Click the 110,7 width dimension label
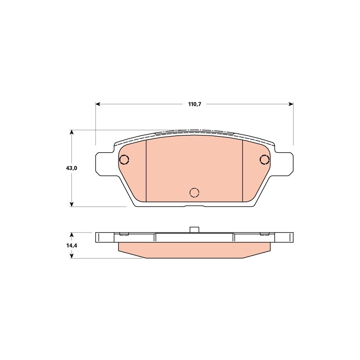tap(194, 104)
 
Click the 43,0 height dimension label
tap(72, 168)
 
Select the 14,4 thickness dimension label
tap(72, 246)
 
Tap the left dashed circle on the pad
tap(124, 159)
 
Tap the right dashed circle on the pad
tap(264, 159)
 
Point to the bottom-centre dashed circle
tap(194, 192)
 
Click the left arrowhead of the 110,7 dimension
tap(98, 104)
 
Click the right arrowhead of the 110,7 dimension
tap(291, 104)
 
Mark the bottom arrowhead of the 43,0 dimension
tap(72, 204)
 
